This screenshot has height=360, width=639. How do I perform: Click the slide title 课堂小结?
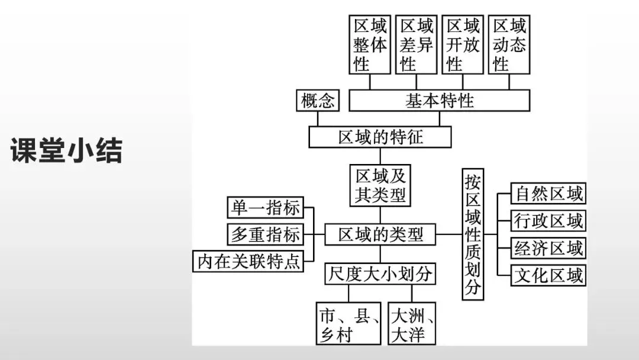(x=66, y=151)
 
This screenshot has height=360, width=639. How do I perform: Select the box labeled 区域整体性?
(x=370, y=44)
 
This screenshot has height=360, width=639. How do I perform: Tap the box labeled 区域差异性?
(x=417, y=44)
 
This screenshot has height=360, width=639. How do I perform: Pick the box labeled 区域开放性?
(x=463, y=44)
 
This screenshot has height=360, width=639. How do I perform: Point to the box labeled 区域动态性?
(x=509, y=44)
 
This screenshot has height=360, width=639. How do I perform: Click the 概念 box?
(x=318, y=101)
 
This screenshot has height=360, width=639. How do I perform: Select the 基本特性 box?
(x=439, y=101)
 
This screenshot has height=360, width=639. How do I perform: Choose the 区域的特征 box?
(x=380, y=137)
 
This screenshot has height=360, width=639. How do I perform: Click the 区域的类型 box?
(x=380, y=235)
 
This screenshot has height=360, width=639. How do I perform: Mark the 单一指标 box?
(x=265, y=208)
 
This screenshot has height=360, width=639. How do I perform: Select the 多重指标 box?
(x=265, y=234)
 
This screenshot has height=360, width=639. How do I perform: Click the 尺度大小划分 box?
(x=380, y=274)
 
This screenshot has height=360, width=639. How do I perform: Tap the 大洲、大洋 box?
(x=412, y=323)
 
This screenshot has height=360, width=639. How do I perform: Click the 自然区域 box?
(x=548, y=194)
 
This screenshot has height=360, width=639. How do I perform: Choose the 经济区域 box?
(x=548, y=248)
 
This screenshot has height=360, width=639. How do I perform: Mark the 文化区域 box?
(x=548, y=275)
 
